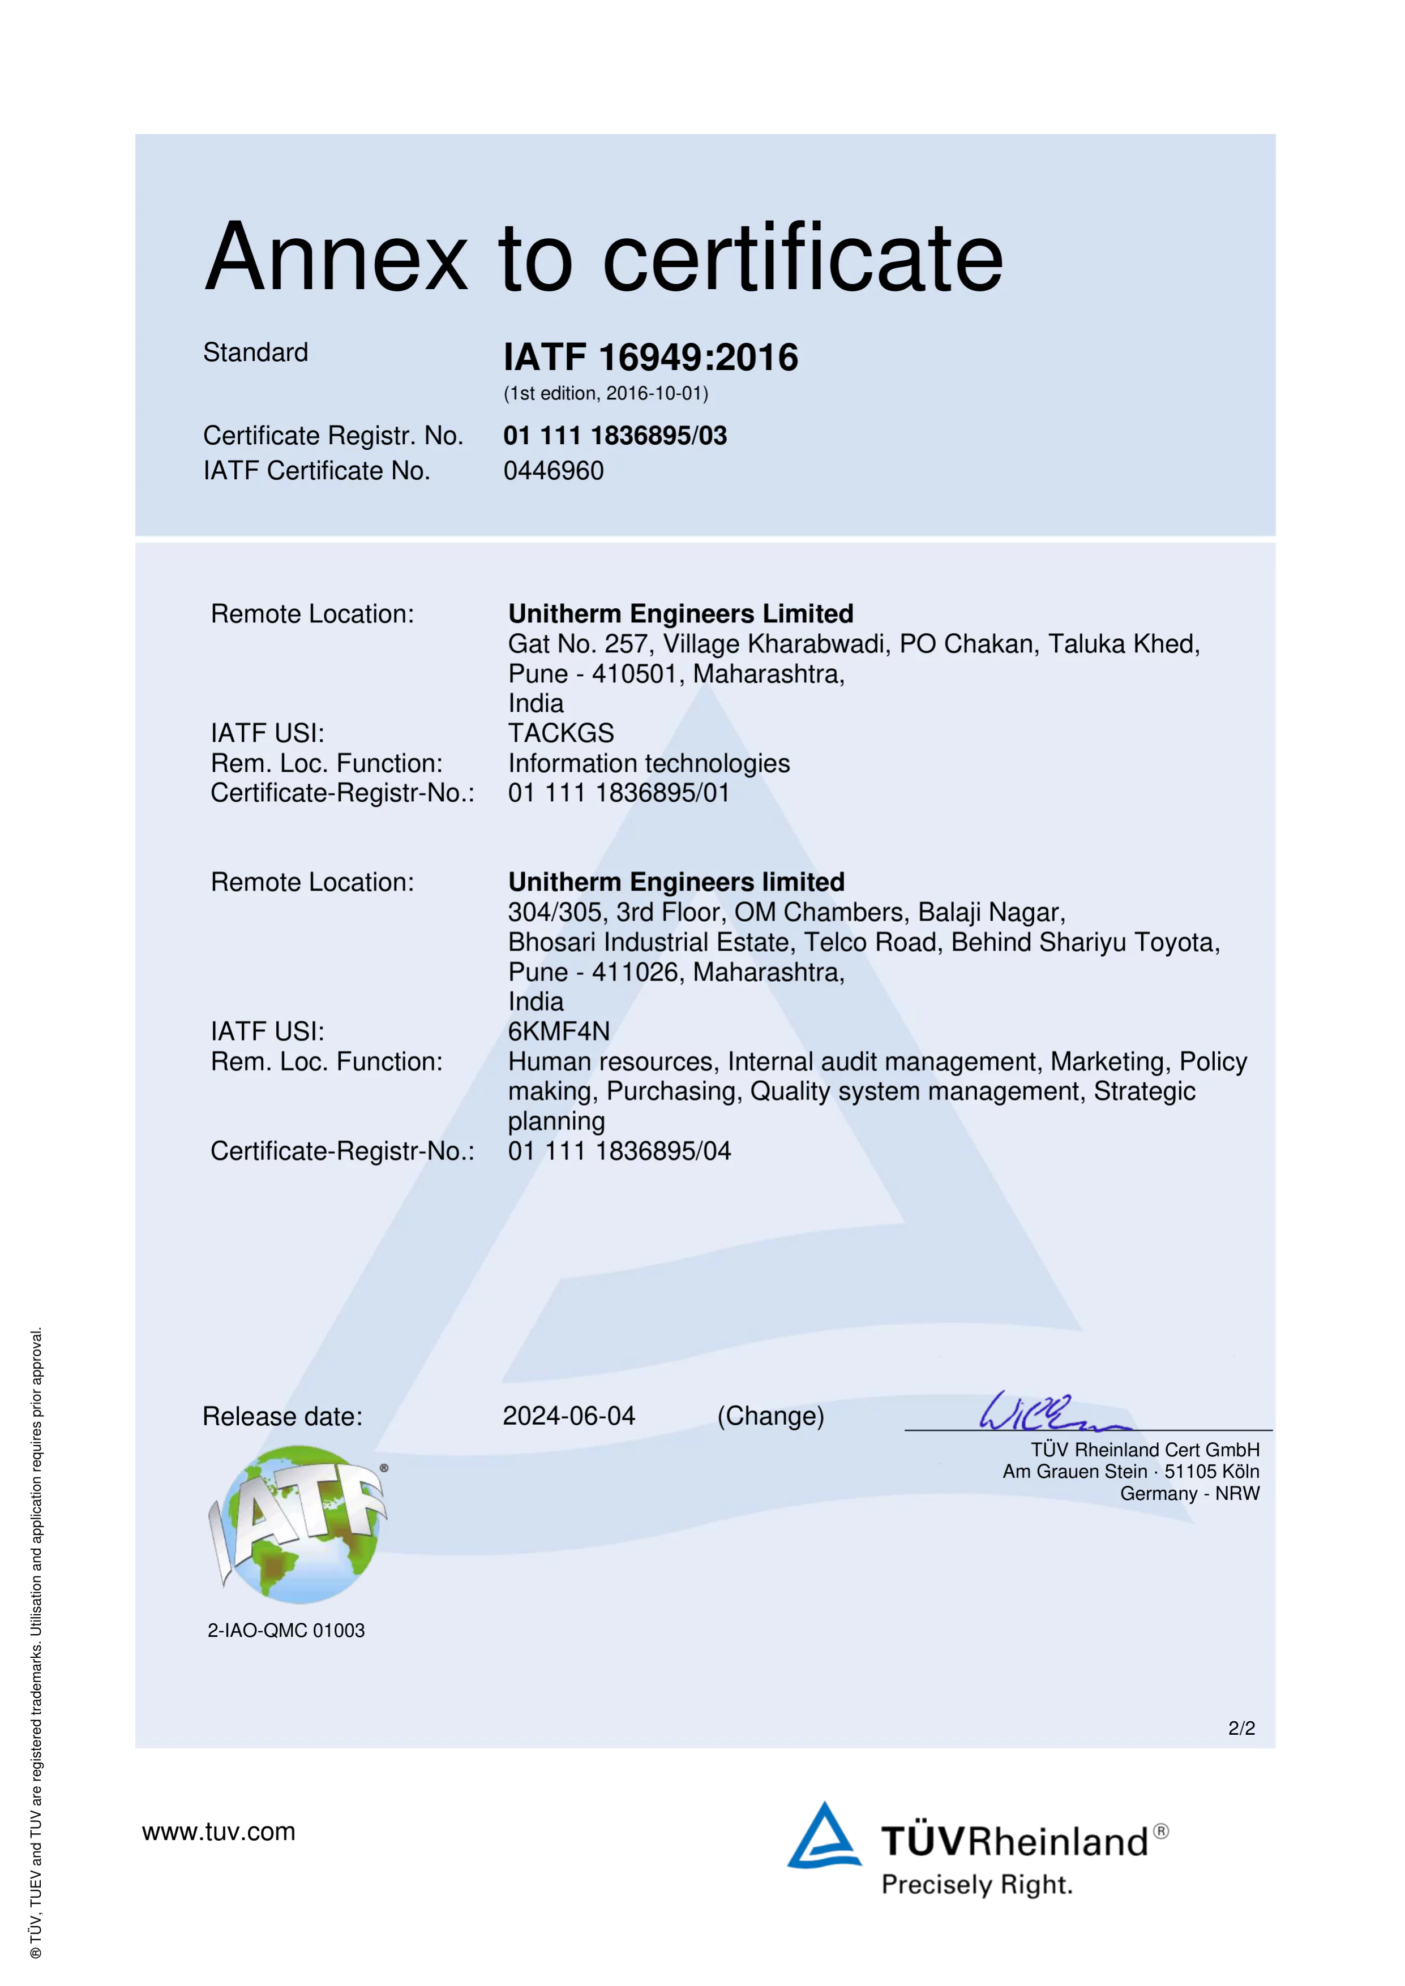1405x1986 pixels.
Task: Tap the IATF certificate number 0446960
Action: click(554, 471)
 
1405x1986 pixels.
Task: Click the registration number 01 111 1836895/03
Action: click(615, 435)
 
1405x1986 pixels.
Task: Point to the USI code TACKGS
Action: click(560, 733)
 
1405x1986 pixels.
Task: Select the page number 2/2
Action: click(1241, 1727)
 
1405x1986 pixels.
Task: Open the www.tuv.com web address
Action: click(219, 1831)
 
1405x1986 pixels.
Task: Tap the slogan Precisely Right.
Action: click(976, 1884)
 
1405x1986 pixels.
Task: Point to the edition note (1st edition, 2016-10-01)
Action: click(606, 394)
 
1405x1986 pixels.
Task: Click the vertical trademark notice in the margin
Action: click(36, 1644)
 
